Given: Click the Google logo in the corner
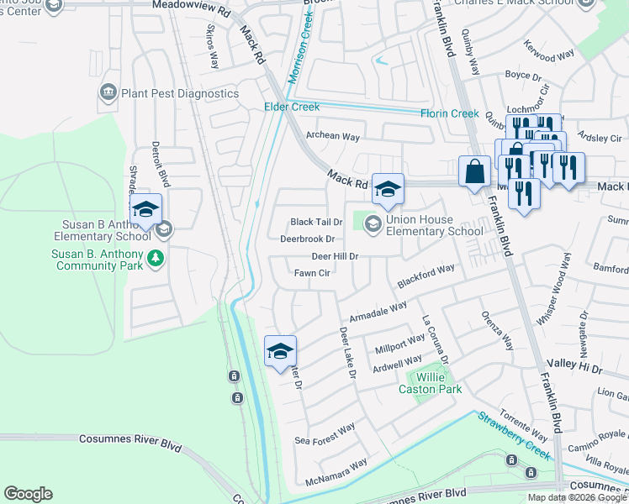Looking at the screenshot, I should [x=28, y=494].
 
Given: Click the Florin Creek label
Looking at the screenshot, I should [x=450, y=113].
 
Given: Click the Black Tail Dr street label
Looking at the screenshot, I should [x=316, y=222].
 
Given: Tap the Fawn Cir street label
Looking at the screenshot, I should [x=311, y=273].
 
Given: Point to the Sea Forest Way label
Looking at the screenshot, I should [x=325, y=435].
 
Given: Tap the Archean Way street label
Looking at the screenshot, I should [x=333, y=136].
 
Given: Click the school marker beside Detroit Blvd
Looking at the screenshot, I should [x=145, y=210].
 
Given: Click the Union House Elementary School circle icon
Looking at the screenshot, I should [x=373, y=223].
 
